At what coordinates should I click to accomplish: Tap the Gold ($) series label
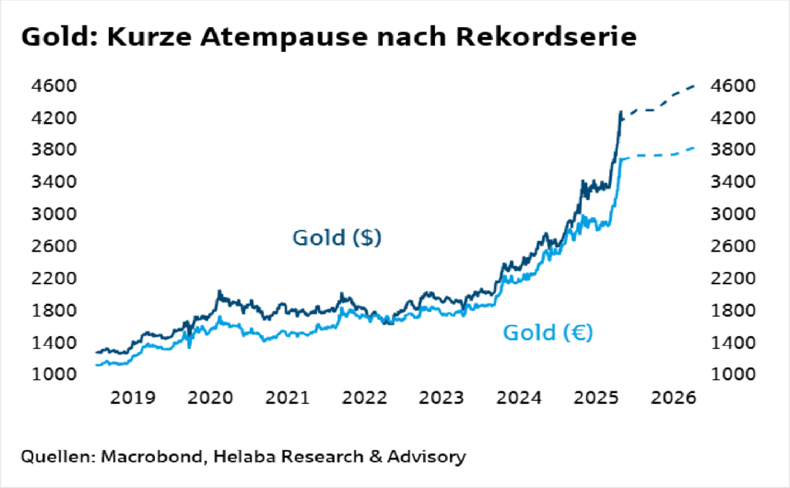(337, 238)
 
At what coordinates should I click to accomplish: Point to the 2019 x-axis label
(132, 398)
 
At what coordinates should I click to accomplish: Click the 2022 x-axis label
(364, 398)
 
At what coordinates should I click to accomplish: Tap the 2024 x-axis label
(518, 398)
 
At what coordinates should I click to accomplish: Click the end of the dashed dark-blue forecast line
(694, 86)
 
